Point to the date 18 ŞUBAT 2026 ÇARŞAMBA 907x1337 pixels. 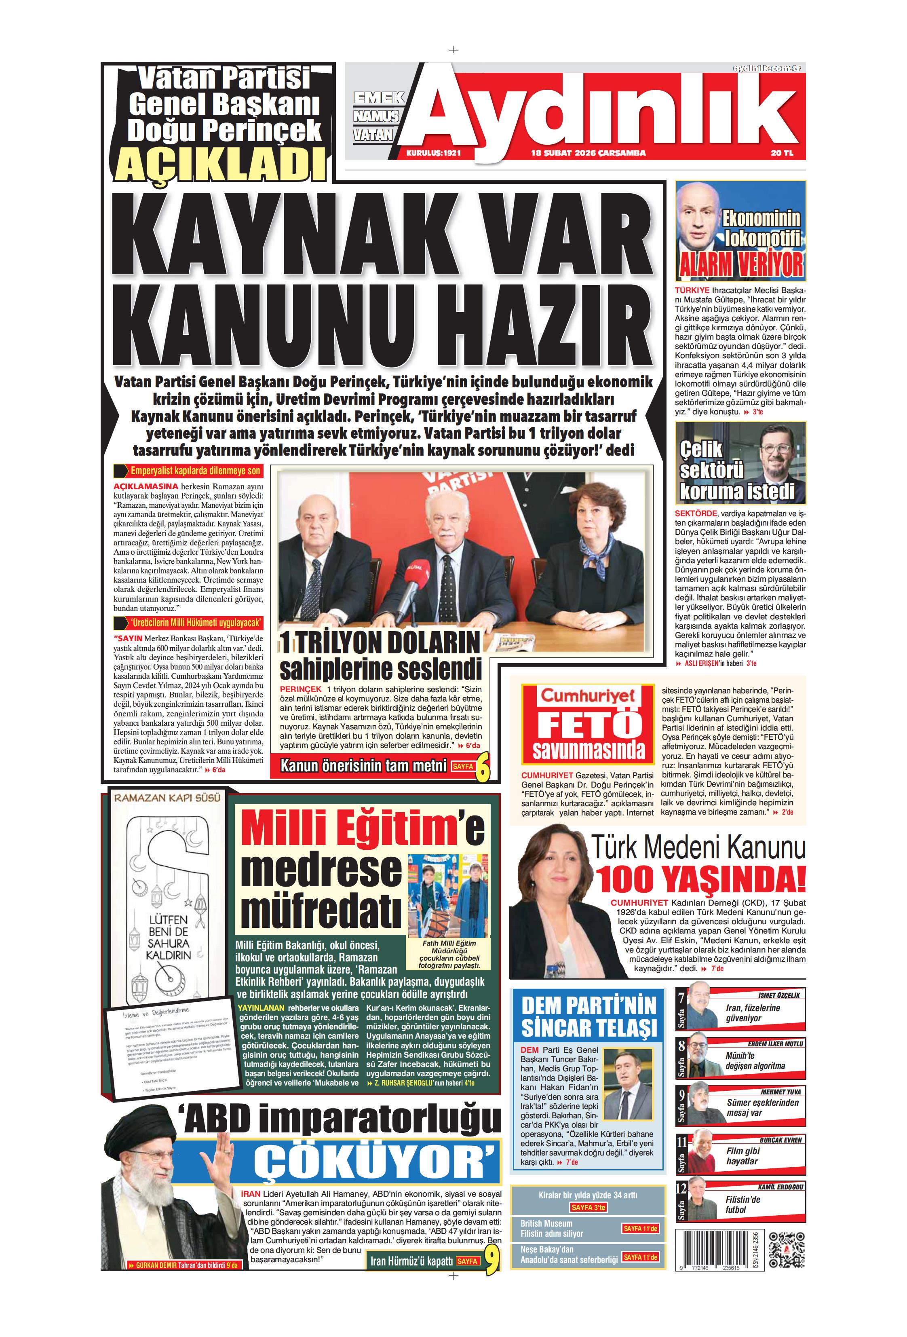pyautogui.click(x=588, y=153)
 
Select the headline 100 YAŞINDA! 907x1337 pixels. pyautogui.click(x=699, y=880)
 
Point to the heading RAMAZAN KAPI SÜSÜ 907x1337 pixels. pyautogui.click(x=167, y=798)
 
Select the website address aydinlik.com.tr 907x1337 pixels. pyautogui.click(x=767, y=68)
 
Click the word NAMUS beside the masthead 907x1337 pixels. pyautogui.click(x=376, y=116)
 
